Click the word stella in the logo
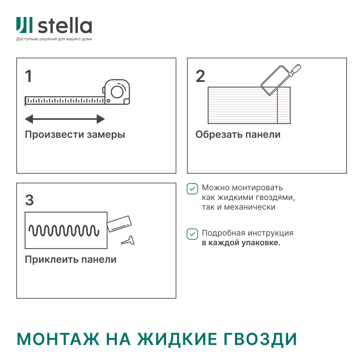click(65, 26)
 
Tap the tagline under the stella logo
click(54, 39)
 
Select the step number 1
click(29, 77)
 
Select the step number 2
click(200, 77)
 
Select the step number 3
click(29, 200)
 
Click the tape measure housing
click(117, 92)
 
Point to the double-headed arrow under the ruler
click(65, 119)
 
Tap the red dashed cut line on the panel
click(277, 107)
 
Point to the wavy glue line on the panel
click(64, 230)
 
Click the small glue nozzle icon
click(128, 240)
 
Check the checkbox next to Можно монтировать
click(192, 189)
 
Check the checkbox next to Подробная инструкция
click(192, 234)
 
